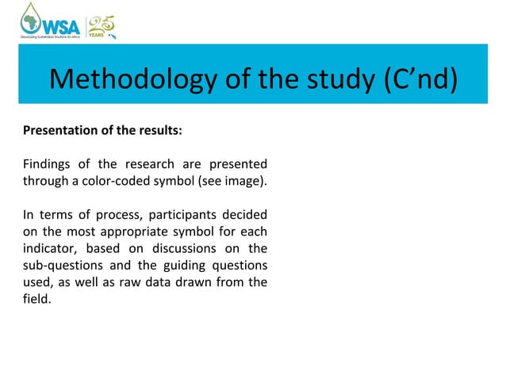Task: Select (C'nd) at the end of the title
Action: [418, 80]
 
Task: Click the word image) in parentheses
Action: [246, 182]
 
